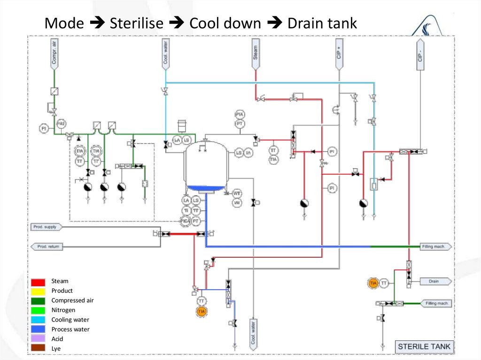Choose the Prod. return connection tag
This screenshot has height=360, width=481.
[47, 246]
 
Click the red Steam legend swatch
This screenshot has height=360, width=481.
[39, 282]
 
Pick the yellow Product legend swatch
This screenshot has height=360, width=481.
[39, 291]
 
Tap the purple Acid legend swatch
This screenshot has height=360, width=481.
[39, 339]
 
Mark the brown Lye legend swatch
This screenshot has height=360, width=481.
[39, 348]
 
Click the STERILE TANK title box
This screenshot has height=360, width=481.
[424, 347]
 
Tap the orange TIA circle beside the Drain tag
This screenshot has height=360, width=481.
[373, 283]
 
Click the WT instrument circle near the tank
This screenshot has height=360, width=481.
[237, 193]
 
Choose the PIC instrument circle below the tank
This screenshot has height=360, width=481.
[186, 220]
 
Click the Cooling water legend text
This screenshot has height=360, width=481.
[70, 320]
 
